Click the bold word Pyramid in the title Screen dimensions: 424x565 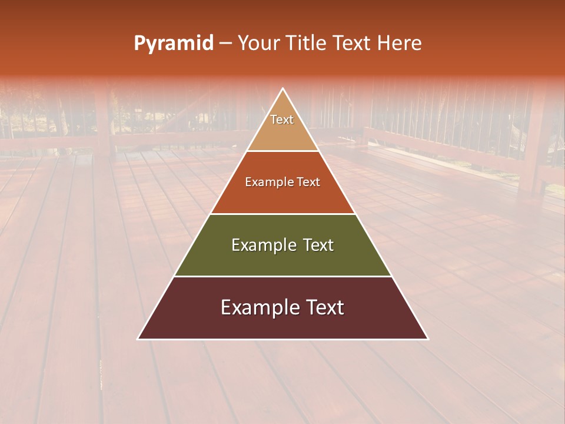point(174,44)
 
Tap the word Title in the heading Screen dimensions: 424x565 point(309,44)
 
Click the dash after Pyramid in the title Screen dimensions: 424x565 point(225,44)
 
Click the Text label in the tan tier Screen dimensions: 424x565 point(282,120)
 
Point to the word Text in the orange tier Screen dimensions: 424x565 point(308,183)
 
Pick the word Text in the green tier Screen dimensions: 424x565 point(318,245)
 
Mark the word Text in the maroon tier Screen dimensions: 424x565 point(324,307)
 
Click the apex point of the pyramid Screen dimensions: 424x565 point(283,89)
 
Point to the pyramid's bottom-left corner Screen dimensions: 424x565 point(138,339)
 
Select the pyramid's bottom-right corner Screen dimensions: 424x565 point(428,339)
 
